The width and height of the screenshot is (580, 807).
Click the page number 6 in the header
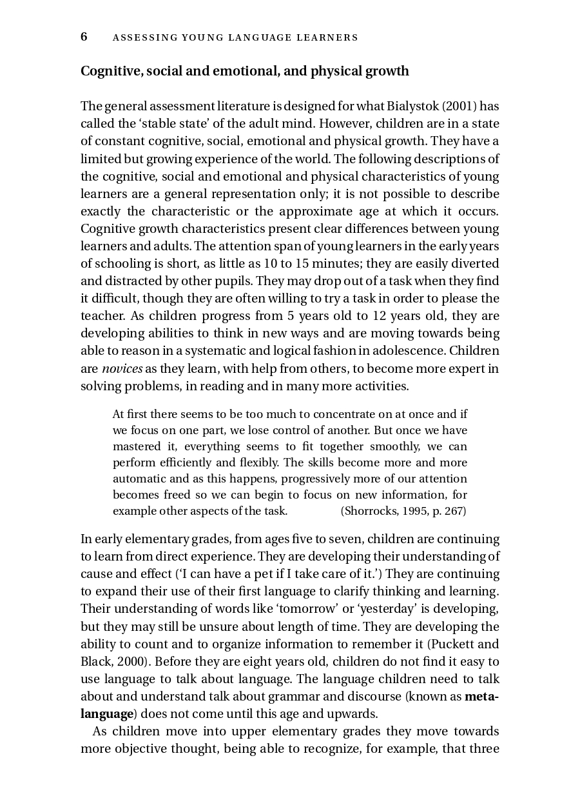[x=84, y=37]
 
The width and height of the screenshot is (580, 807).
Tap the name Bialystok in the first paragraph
[x=410, y=106]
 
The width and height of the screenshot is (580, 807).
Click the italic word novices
[x=122, y=369]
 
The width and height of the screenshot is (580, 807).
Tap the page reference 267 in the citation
[x=454, y=511]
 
